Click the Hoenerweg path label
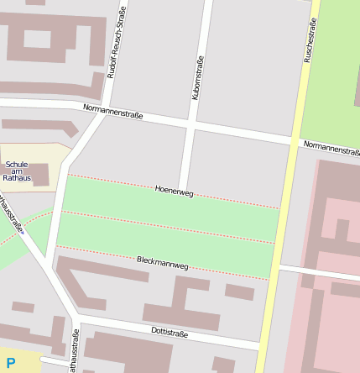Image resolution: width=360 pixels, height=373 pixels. (175, 192)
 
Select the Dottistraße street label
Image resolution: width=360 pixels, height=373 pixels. (170, 334)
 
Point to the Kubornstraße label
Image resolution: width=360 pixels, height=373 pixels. (198, 79)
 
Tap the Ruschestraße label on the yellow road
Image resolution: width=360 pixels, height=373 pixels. (310, 42)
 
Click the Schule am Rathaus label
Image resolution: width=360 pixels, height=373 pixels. (17, 171)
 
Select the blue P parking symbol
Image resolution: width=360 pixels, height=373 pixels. (11, 364)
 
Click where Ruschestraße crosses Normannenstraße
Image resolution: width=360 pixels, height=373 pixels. (295, 140)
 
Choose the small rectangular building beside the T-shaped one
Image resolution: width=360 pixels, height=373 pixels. (239, 292)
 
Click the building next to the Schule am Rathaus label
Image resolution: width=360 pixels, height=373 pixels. (41, 175)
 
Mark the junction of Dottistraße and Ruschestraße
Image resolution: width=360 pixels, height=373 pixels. (263, 345)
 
